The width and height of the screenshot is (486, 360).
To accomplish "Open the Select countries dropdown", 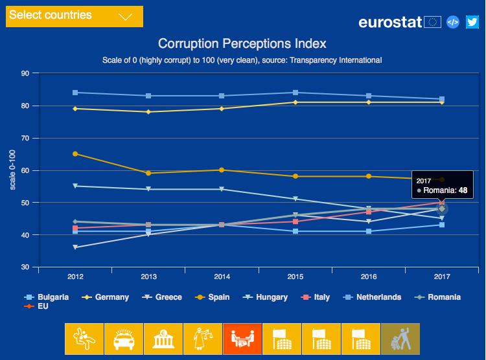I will (x=74, y=16).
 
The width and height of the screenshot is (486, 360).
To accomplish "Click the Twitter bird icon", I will (x=472, y=22).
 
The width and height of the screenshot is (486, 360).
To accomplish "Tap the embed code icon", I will (x=454, y=22).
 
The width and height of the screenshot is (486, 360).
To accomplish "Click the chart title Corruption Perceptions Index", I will (x=242, y=44).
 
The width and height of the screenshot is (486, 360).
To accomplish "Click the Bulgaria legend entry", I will (x=48, y=297).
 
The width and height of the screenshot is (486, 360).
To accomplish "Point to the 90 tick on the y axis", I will (x=26, y=73).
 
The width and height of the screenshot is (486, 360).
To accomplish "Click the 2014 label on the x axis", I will (x=222, y=277).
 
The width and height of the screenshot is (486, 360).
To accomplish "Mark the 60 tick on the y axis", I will (x=26, y=170).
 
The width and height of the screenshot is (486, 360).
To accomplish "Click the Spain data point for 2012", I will (x=75, y=154).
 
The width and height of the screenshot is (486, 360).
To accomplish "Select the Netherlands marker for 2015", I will (x=295, y=93).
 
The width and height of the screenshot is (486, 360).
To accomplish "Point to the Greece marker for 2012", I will (x=75, y=247).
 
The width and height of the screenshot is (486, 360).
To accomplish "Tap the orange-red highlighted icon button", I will (x=242, y=339).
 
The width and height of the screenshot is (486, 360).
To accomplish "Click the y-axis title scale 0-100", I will (x=12, y=170).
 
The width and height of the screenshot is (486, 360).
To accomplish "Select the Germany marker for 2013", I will (x=148, y=112).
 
